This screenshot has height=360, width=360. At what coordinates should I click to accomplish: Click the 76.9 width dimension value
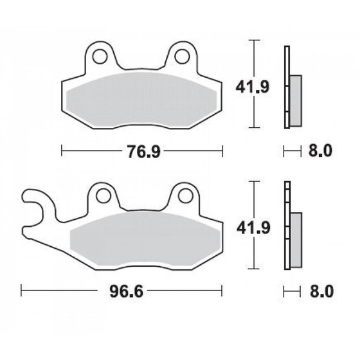tap(143, 152)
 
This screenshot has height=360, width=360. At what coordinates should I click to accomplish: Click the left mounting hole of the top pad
tap(100, 56)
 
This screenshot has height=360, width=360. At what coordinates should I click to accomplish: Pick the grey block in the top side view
tap(295, 100)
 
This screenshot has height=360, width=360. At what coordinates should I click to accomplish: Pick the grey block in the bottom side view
tap(295, 239)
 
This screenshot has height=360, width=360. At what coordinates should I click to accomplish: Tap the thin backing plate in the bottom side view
tap(286, 225)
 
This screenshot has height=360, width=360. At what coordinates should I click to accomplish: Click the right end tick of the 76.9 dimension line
tap(223, 152)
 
